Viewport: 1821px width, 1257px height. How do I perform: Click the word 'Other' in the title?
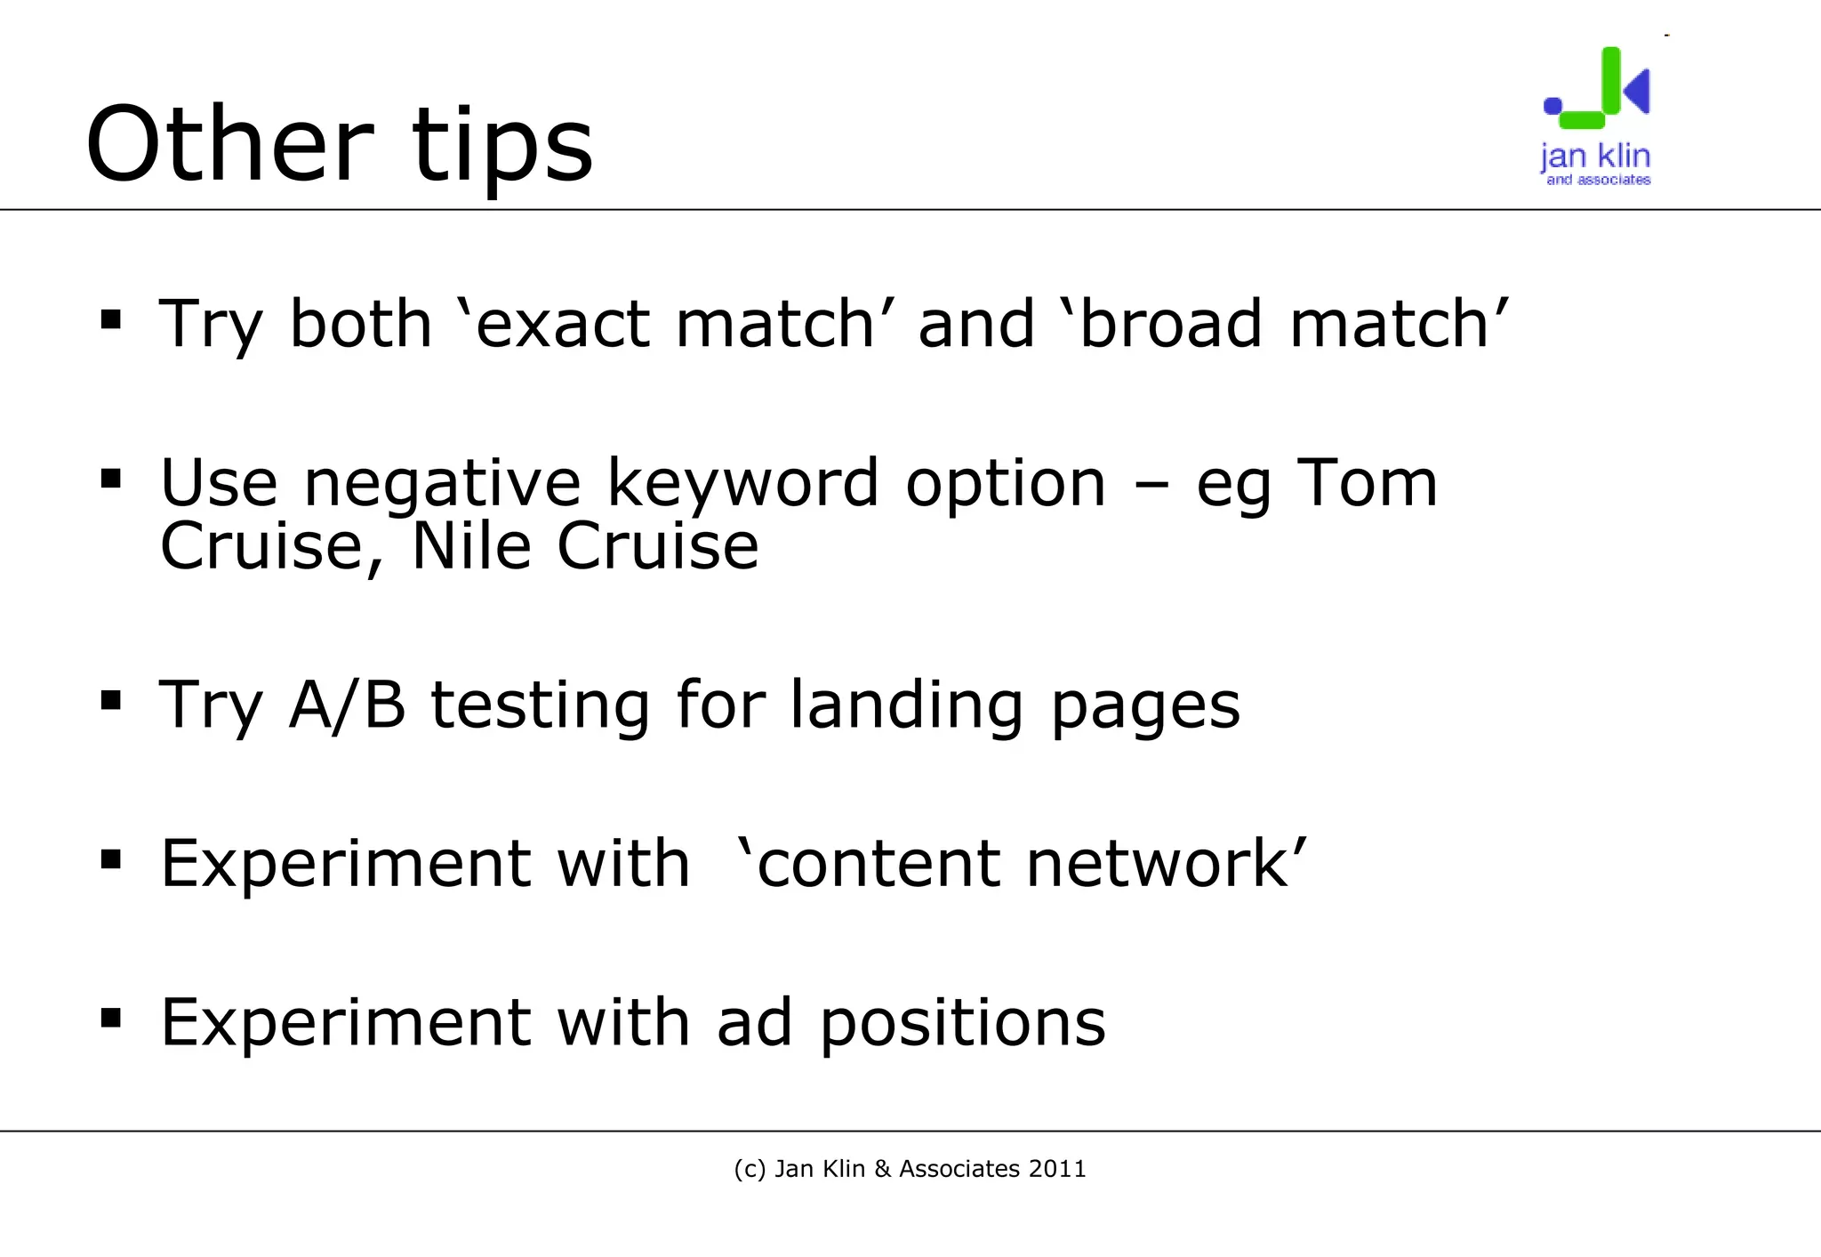(x=229, y=145)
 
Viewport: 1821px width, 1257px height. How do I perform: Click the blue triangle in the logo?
(x=1637, y=91)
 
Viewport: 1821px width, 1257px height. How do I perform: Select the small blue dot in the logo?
(x=1552, y=106)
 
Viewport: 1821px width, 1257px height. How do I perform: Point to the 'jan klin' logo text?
(x=1595, y=157)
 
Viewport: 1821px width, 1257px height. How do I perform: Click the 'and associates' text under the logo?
(x=1598, y=180)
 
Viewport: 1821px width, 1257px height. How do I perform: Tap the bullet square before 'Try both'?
(x=111, y=319)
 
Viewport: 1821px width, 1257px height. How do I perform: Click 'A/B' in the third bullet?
(x=347, y=705)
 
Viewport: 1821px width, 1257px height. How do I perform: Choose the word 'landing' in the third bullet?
(x=907, y=705)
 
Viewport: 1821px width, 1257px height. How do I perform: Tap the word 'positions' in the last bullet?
(x=962, y=1024)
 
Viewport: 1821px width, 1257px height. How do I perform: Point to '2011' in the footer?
(x=1057, y=1169)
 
